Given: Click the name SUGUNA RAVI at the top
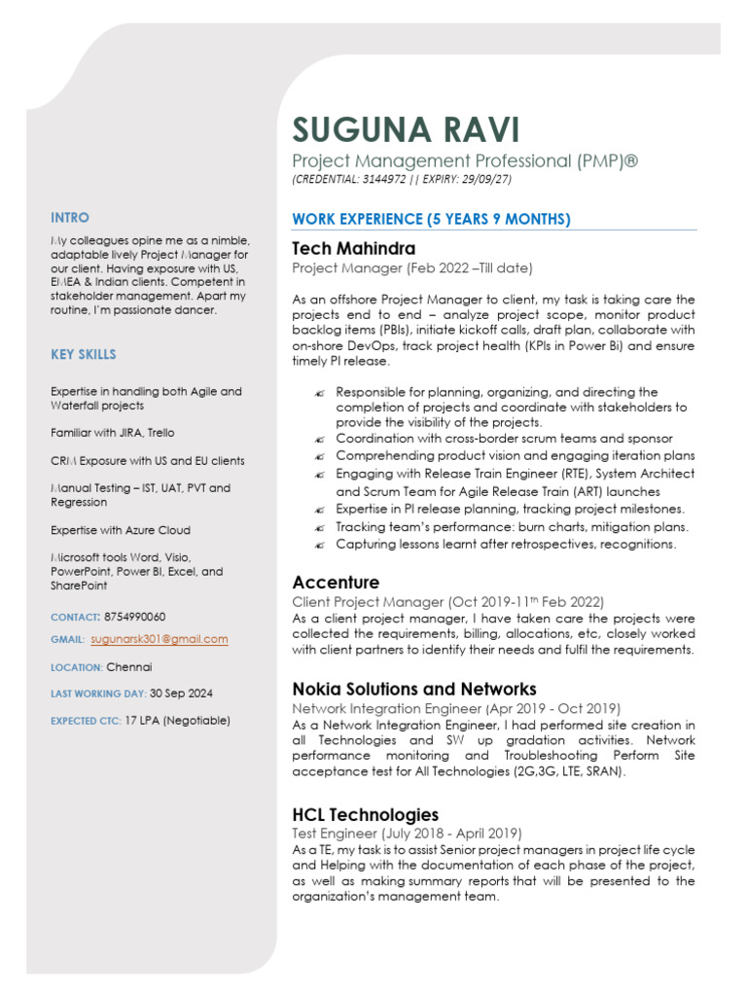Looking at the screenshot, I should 407,129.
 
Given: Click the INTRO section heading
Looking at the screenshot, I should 70,218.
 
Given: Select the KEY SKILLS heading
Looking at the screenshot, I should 84,355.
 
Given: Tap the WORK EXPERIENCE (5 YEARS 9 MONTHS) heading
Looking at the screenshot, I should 431,219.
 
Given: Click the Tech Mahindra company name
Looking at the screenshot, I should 353,248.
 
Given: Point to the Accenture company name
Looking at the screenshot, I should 336,582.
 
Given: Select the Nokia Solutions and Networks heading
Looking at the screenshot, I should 414,689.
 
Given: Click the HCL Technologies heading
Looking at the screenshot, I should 365,814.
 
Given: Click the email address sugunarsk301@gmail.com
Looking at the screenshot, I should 160,639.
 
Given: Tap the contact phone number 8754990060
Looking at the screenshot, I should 135,617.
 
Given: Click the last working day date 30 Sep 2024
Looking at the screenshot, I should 181,694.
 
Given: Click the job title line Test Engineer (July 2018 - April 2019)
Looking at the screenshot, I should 407,834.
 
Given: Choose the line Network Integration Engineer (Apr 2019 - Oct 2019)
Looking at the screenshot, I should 455,708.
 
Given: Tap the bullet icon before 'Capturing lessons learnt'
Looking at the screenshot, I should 320,545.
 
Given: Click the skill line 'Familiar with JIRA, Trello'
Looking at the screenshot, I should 113,433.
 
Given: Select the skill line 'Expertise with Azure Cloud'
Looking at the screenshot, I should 121,530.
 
